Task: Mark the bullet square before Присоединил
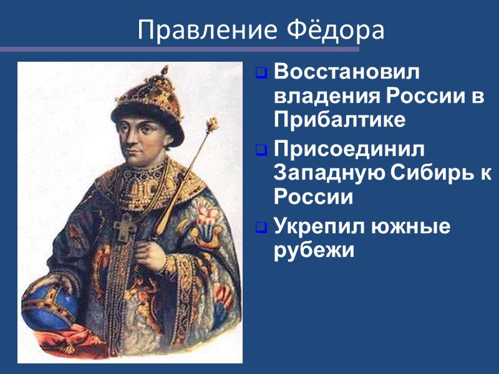[262, 151]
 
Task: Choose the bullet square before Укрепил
[262, 228]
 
